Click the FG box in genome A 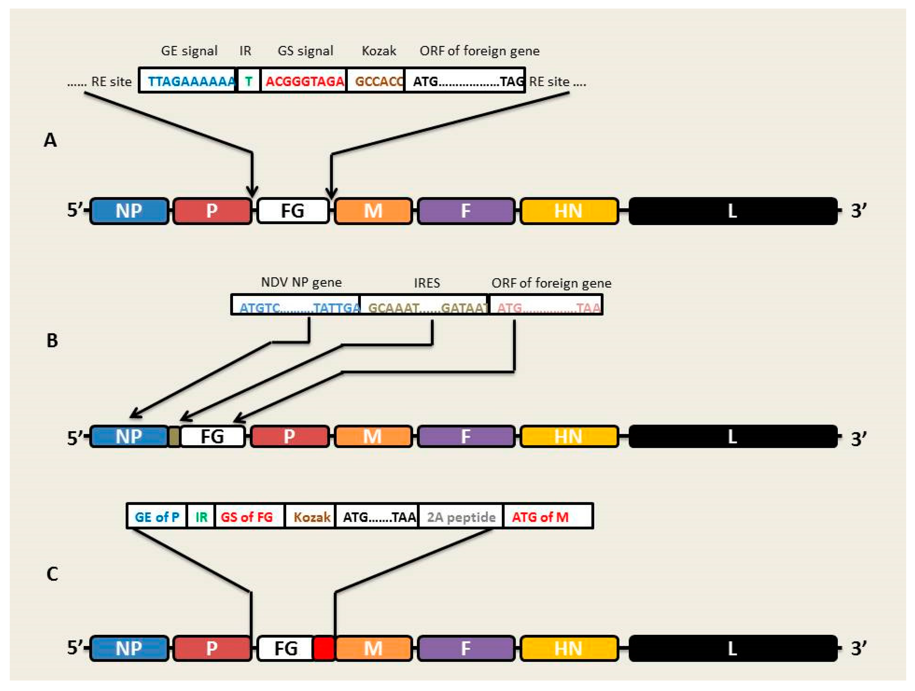tap(293, 211)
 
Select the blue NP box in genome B tap(129, 436)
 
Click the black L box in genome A tap(732, 211)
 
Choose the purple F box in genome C tap(466, 648)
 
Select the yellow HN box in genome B tap(569, 436)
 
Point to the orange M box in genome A tap(373, 211)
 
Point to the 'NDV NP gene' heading tap(301, 282)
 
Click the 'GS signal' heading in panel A tap(305, 51)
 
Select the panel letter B tap(52, 340)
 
